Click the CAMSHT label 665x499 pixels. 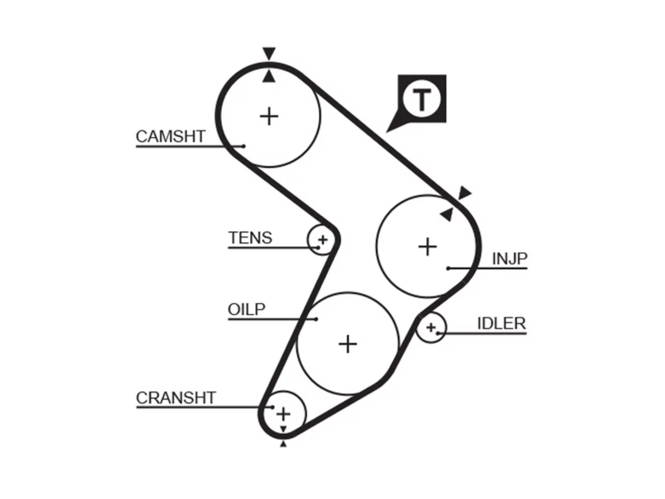pos(170,136)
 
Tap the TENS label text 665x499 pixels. pos(250,238)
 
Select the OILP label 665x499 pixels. pos(247,310)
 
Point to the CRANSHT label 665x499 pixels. pos(176,398)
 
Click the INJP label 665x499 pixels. pos(510,259)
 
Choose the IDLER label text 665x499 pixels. pos(501,324)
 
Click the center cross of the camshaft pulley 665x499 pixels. pos(269,116)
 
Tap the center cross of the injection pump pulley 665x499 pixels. pos(428,246)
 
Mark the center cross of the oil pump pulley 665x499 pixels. pos(348,344)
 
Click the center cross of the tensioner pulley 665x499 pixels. pos(323,240)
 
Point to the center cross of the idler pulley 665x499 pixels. pos(431,327)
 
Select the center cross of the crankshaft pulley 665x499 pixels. pos(283,414)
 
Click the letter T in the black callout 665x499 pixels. pos(421,100)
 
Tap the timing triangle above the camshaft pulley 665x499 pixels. pos(269,54)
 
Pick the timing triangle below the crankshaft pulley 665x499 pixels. pos(283,444)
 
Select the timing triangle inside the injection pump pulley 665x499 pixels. pos(447,215)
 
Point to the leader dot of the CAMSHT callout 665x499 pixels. pos(244,147)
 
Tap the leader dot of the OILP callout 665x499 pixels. pos(316,319)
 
